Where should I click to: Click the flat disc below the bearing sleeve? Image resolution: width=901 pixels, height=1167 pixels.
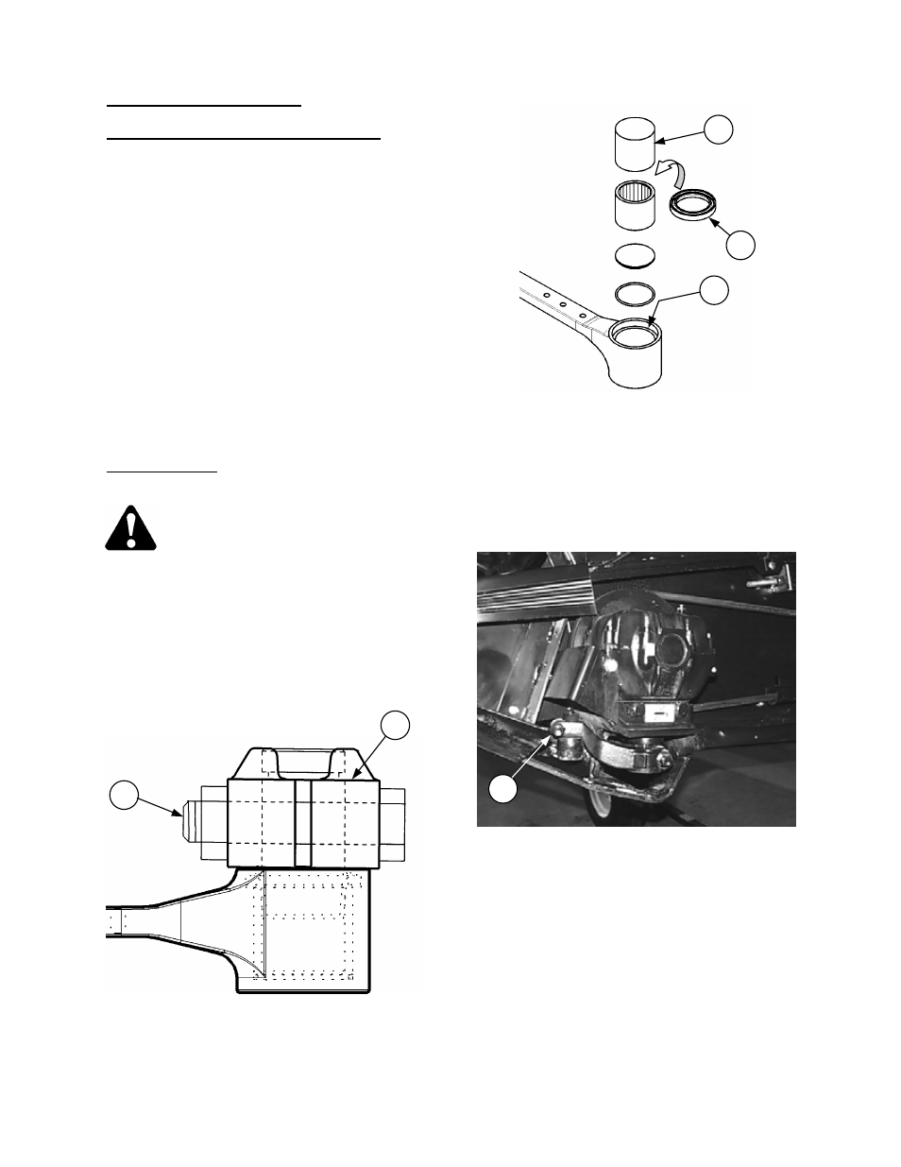pos(635,255)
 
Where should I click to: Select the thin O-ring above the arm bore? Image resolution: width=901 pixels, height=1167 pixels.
pos(635,292)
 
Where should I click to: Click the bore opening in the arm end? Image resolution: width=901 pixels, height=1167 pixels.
pos(635,332)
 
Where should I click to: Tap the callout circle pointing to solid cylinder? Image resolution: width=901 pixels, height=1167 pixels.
pos(720,129)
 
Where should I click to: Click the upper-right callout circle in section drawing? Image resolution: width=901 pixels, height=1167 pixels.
pos(396,725)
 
